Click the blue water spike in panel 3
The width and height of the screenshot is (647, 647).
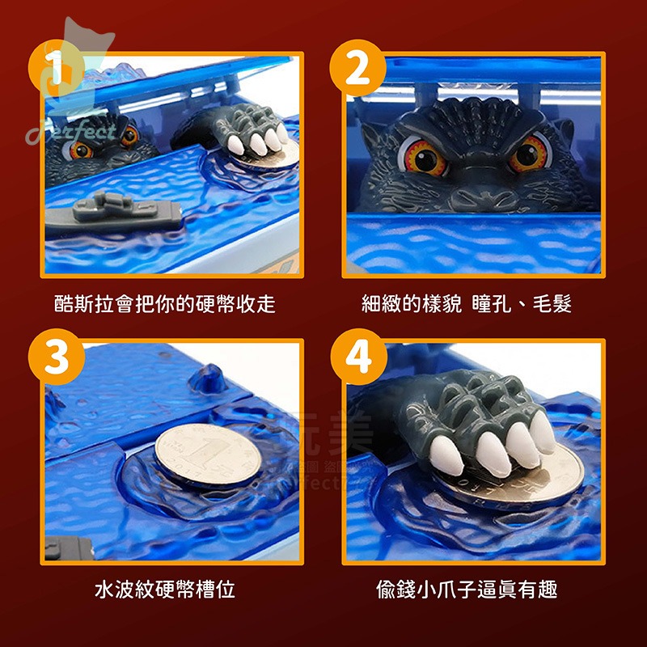209,378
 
